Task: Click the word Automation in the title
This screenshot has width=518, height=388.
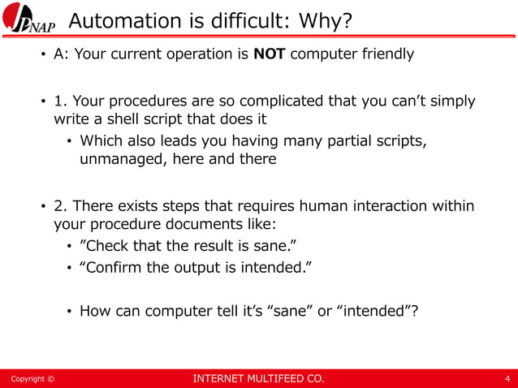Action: [113, 20]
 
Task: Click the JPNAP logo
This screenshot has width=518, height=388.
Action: [30, 19]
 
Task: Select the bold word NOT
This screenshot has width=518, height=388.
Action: [270, 55]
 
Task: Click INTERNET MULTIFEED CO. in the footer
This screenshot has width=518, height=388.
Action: [257, 378]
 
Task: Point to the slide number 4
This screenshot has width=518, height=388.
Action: [507, 378]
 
